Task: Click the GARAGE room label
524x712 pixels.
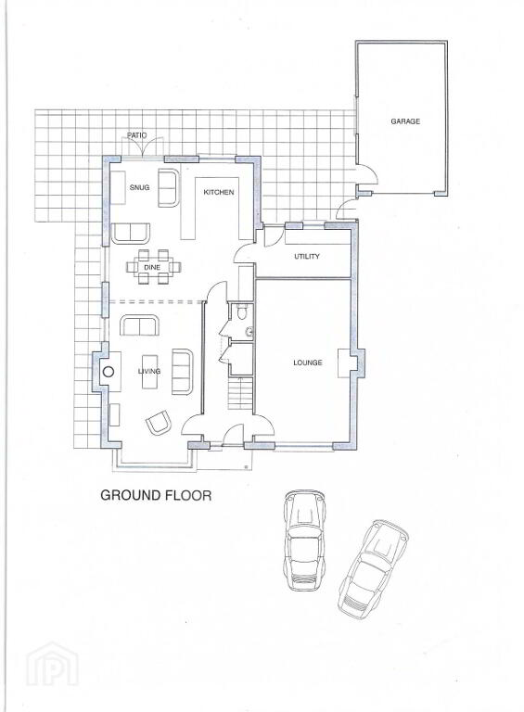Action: pyautogui.click(x=405, y=121)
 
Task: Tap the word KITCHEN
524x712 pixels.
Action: pyautogui.click(x=218, y=192)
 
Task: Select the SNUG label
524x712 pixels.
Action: pyautogui.click(x=139, y=187)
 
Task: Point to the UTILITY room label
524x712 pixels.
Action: pyautogui.click(x=306, y=257)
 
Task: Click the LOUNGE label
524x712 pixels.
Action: pyautogui.click(x=307, y=362)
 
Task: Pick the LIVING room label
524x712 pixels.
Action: pyautogui.click(x=149, y=371)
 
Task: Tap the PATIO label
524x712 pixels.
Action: pyautogui.click(x=136, y=135)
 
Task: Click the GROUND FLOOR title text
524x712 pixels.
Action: pyautogui.click(x=156, y=494)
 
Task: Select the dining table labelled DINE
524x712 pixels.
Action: pyautogui.click(x=152, y=267)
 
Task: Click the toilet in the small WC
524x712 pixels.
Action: pyautogui.click(x=242, y=311)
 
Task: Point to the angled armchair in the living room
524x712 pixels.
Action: pyautogui.click(x=159, y=423)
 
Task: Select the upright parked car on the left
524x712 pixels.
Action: pyautogui.click(x=305, y=540)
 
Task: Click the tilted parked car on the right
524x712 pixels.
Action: pyautogui.click(x=373, y=569)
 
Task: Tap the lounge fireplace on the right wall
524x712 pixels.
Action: pyautogui.click(x=344, y=362)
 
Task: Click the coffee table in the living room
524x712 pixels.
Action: pyautogui.click(x=149, y=372)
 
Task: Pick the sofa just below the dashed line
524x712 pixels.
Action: pyautogui.click(x=139, y=326)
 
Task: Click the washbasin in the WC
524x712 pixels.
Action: pyautogui.click(x=249, y=332)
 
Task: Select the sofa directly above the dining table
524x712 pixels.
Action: pyautogui.click(x=131, y=234)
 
